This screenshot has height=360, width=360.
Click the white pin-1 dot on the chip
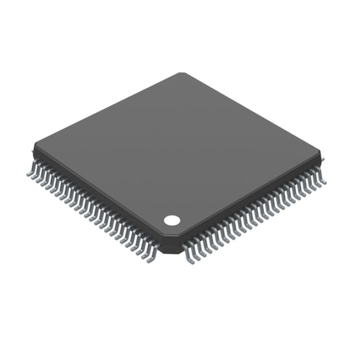point(172,220)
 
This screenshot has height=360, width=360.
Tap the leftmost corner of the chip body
point(33,146)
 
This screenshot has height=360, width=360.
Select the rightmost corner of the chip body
point(319,161)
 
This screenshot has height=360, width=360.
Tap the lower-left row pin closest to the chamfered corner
point(151,256)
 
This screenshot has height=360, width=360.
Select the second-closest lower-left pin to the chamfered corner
point(147,253)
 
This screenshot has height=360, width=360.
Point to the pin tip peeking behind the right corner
point(322,160)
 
